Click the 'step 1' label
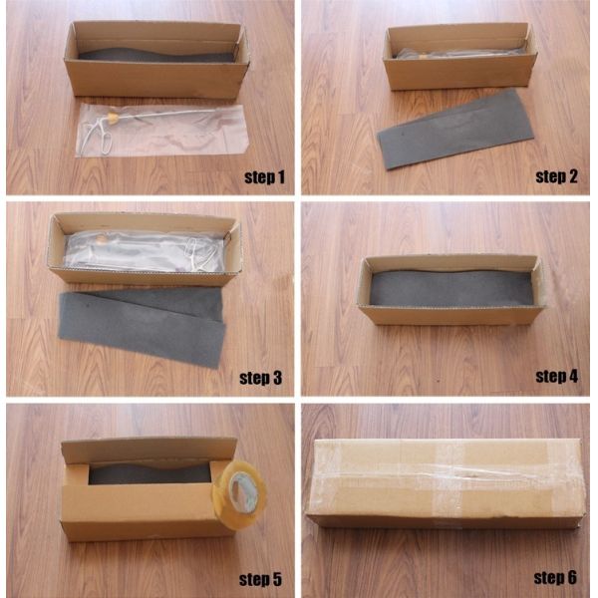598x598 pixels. point(264,177)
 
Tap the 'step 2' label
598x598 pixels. point(556,176)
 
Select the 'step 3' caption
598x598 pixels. point(260,378)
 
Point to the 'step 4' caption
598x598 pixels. point(556,377)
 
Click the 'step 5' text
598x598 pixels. point(260,579)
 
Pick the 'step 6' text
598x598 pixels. point(555,578)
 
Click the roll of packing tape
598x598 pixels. point(239,494)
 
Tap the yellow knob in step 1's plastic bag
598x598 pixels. point(112,119)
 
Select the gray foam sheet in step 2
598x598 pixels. point(454,130)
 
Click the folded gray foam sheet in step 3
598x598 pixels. point(142,326)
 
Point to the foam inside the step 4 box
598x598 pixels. point(450,288)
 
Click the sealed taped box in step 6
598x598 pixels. point(447,483)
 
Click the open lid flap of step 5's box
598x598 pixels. point(149,450)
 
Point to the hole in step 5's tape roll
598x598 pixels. point(240,492)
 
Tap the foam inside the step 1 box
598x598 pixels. point(156,55)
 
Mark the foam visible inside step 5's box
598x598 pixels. point(149,473)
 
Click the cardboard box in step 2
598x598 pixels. point(460,56)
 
